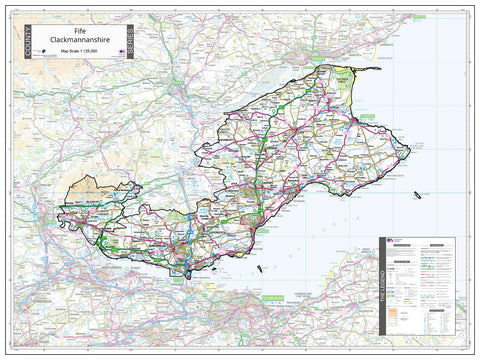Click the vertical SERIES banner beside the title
(131, 40)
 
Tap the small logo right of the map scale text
(112, 53)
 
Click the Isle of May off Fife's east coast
(419, 190)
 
